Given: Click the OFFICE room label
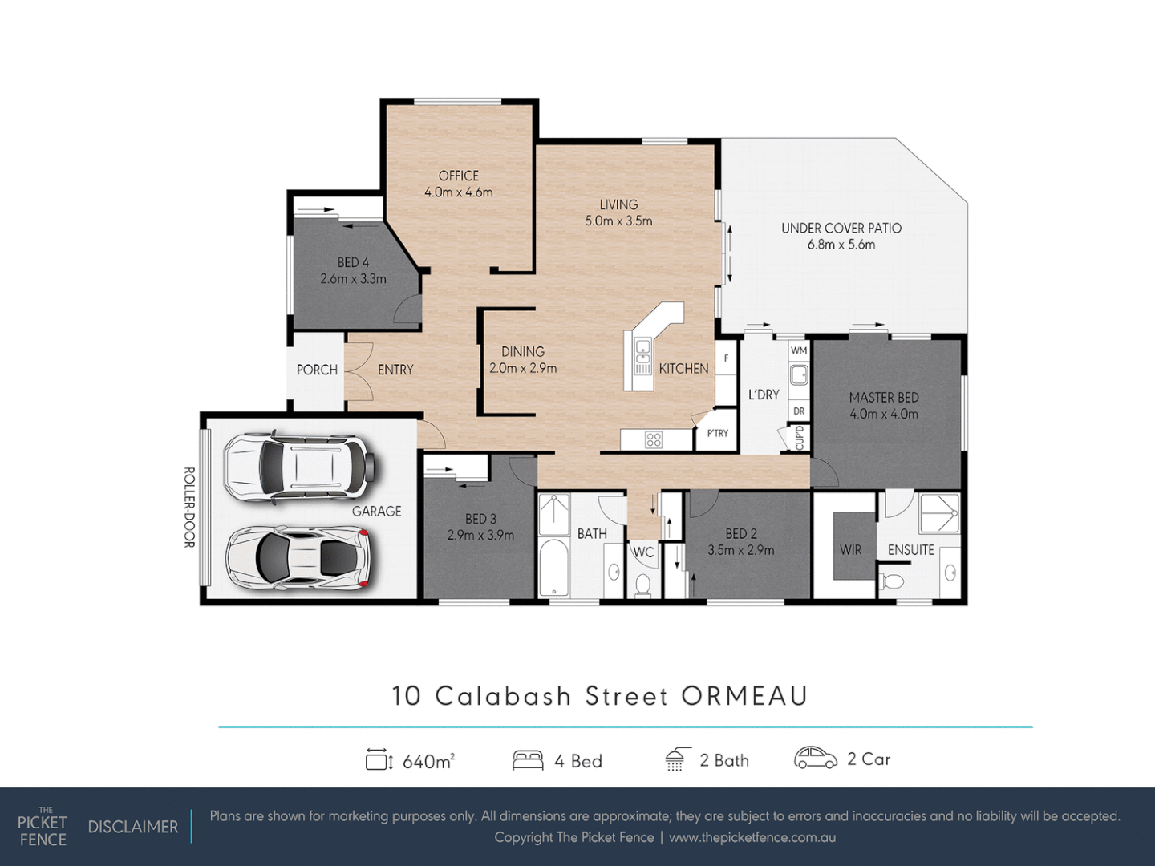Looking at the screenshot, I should [x=458, y=176].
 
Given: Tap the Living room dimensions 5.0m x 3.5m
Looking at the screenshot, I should [x=618, y=221].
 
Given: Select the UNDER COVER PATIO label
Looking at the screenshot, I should [x=841, y=229].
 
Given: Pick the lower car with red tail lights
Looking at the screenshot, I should [x=298, y=557].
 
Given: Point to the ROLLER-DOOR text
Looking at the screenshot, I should [x=189, y=508].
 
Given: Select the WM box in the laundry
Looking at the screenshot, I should [x=799, y=350].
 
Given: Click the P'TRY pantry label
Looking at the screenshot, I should [x=718, y=433].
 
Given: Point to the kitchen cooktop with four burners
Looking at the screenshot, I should [x=654, y=439].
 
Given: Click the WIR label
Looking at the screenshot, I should [x=850, y=550].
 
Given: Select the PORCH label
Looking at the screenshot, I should [x=317, y=370].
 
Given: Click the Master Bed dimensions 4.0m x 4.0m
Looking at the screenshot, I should [x=884, y=415].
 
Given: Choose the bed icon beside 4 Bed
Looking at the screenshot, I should [x=528, y=760].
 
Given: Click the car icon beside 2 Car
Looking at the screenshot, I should [x=815, y=758].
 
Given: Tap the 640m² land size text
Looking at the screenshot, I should [x=428, y=762].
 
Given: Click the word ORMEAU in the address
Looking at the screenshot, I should [x=744, y=696].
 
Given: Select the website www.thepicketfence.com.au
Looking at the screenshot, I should [x=752, y=837].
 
